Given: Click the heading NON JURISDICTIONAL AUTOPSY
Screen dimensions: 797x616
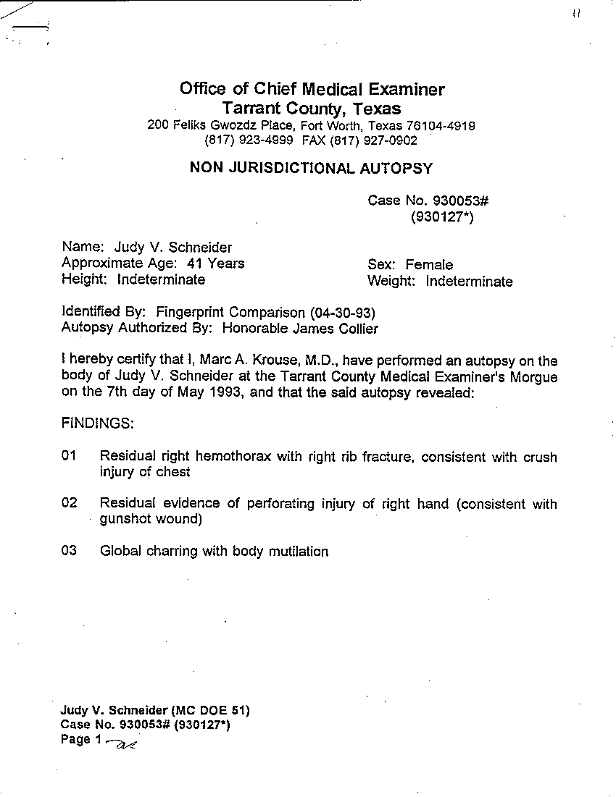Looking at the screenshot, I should pyautogui.click(x=311, y=169).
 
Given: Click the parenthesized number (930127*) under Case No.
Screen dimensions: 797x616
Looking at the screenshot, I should pyautogui.click(x=441, y=216).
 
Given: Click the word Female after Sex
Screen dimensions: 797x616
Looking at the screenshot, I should pyautogui.click(x=429, y=265).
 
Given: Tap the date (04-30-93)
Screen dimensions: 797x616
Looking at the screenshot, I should pyautogui.click(x=342, y=313).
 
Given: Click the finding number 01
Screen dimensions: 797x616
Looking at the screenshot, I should pyautogui.click(x=70, y=456).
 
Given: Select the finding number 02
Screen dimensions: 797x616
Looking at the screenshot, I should pyautogui.click(x=70, y=503).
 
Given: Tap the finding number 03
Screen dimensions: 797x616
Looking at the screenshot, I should pyautogui.click(x=70, y=551).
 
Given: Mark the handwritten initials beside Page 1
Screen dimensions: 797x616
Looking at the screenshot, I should pyautogui.click(x=121, y=742).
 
